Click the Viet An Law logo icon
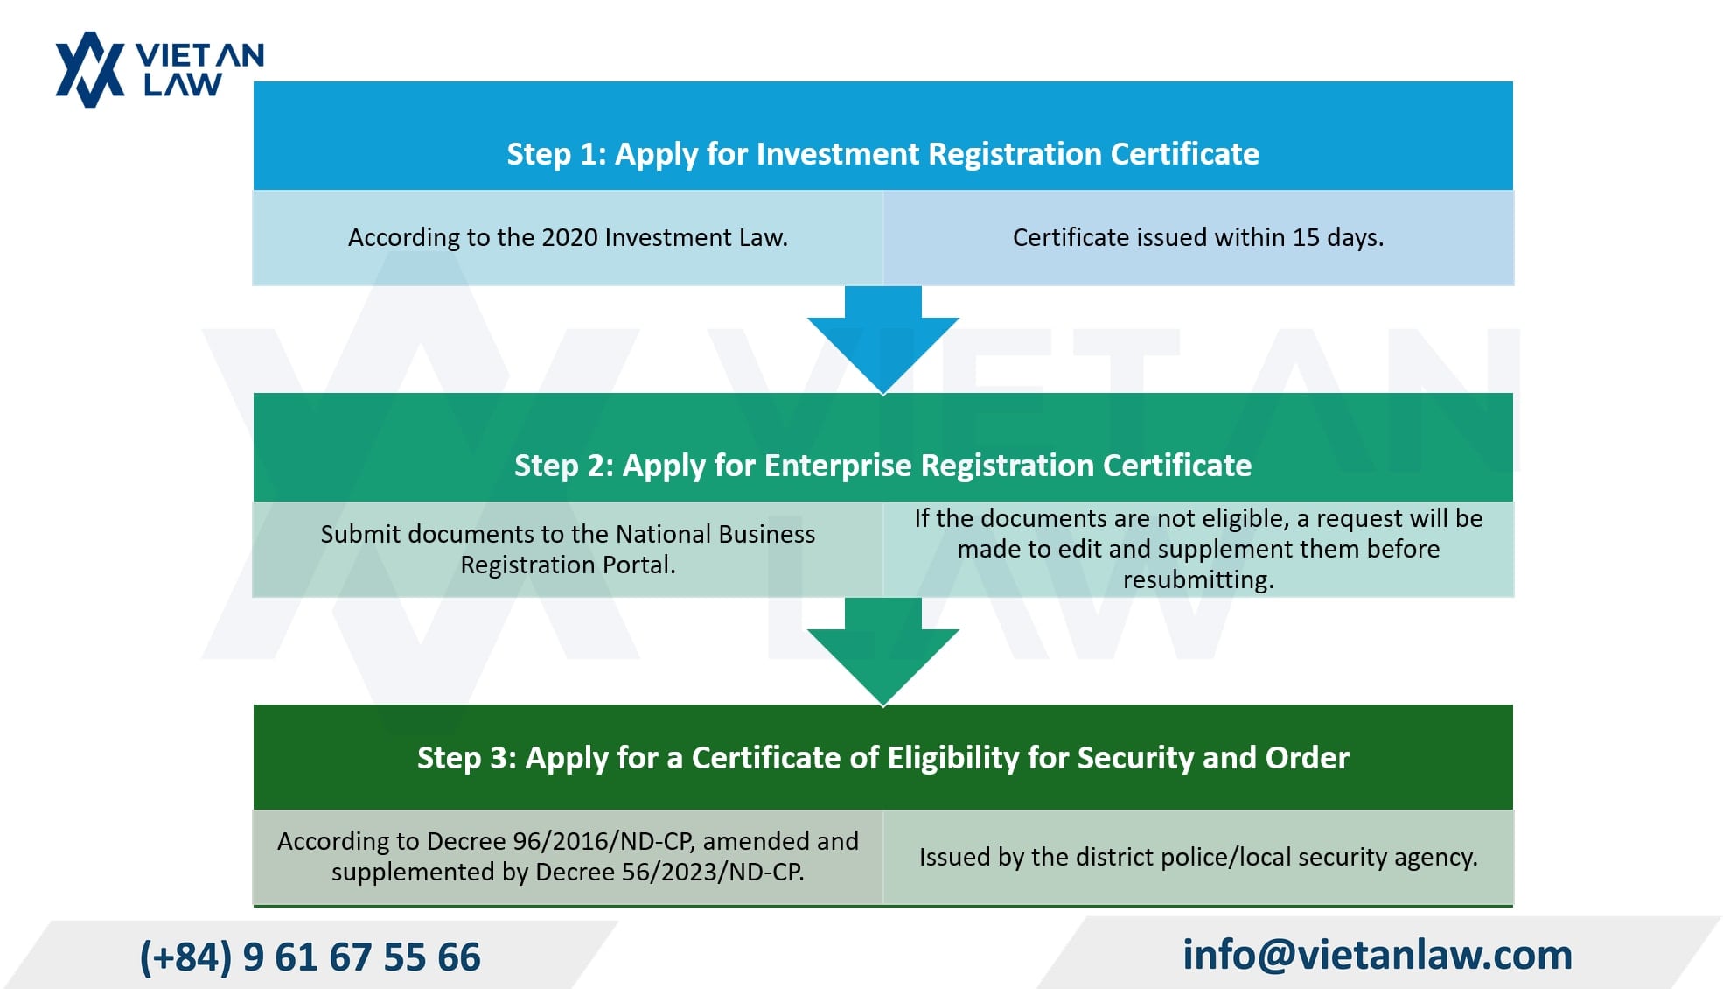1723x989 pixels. point(90,70)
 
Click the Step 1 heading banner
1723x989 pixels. point(883,136)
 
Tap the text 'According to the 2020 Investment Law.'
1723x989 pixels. point(568,237)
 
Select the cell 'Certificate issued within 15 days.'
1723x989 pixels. point(1198,238)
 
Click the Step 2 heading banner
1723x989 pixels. point(883,447)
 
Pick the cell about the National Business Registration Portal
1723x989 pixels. point(568,550)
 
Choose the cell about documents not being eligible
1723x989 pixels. point(1198,550)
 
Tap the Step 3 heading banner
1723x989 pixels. point(883,757)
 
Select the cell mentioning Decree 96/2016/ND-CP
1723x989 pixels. point(568,857)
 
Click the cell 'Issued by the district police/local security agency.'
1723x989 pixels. point(1198,857)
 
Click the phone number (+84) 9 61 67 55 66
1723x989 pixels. point(310,957)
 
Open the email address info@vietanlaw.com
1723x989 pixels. point(1378,954)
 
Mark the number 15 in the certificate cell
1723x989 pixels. point(1306,237)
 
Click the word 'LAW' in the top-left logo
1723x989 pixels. point(183,85)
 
